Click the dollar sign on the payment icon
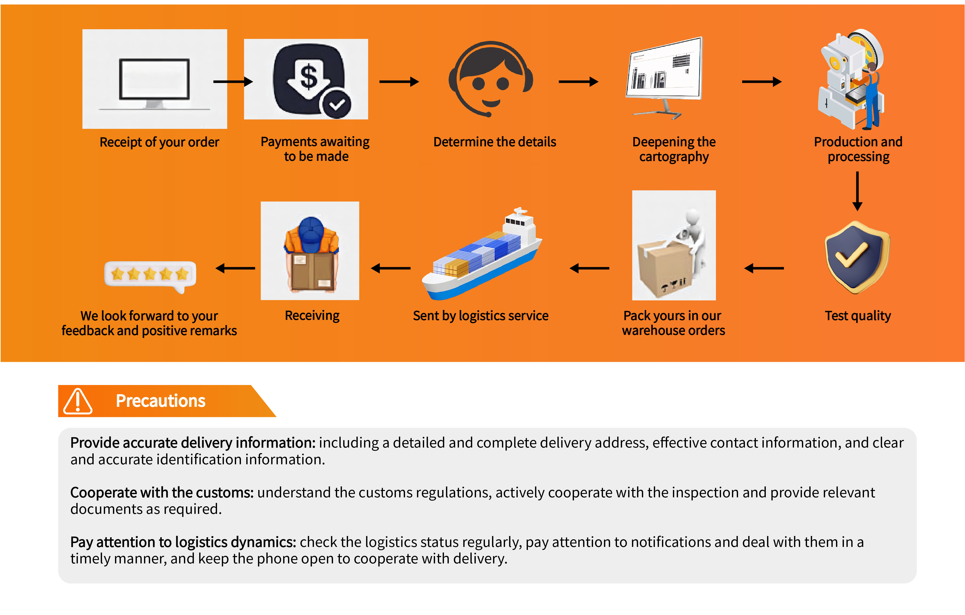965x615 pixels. [309, 77]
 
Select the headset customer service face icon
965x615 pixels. [491, 79]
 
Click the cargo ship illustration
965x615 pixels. [482, 253]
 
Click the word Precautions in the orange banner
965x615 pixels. [161, 401]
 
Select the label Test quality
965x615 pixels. [858, 316]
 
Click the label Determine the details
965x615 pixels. [495, 142]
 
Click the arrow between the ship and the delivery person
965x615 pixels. [391, 268]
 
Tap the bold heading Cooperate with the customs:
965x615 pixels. [162, 493]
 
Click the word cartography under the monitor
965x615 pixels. [674, 157]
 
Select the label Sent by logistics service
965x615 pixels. [481, 316]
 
